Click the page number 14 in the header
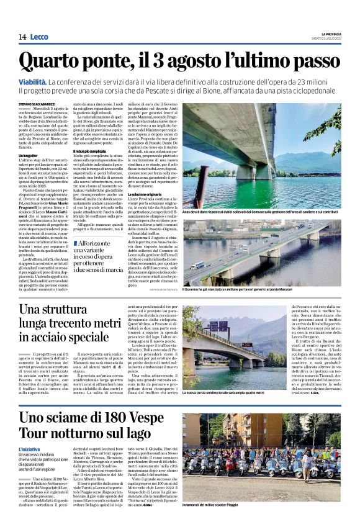(22, 37)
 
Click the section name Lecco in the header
(38, 37)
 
